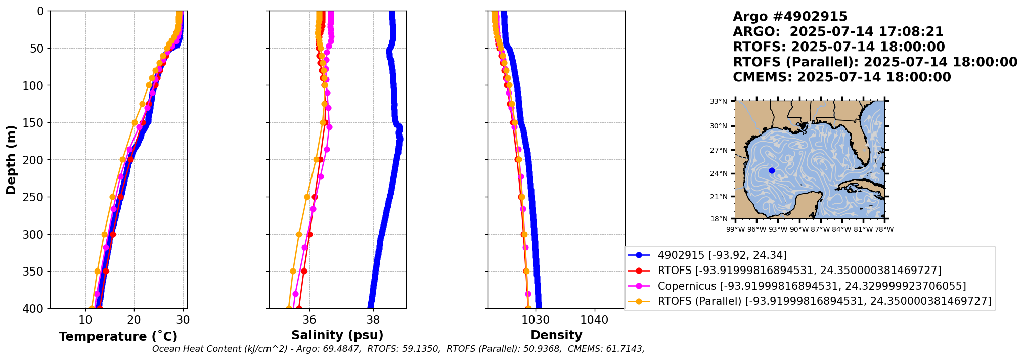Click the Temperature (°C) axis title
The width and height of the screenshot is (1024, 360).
coord(118,336)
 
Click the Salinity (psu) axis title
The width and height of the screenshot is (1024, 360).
coord(337,335)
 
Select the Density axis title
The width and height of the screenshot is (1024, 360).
coord(556,335)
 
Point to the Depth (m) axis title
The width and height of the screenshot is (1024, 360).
coord(11,160)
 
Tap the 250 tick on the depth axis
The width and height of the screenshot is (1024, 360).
coord(36,197)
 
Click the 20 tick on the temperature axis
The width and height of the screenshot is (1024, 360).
coord(134,320)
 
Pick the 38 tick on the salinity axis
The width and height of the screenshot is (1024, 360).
coord(373,320)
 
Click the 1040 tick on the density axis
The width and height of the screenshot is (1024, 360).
coord(594,320)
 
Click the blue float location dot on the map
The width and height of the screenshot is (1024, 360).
coord(772,170)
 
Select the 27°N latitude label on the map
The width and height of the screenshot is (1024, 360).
coord(718,150)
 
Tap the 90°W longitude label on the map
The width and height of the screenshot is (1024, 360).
coord(799,229)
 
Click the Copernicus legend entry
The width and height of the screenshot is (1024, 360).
coord(811,286)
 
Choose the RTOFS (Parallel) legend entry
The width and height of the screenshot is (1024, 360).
coord(824,301)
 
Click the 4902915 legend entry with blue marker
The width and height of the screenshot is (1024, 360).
coord(722,255)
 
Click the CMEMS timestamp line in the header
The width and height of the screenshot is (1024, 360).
coord(841,77)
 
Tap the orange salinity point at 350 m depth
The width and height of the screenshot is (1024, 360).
coord(293,272)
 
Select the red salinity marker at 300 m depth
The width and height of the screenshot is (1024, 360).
coord(309,234)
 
